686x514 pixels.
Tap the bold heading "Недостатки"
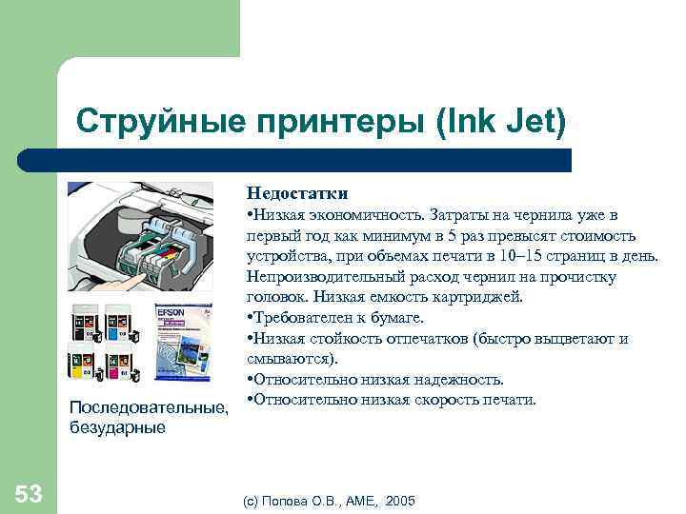297,193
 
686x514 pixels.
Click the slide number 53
29,493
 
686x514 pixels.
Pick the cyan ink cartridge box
117,325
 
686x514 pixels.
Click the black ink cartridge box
83,325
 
